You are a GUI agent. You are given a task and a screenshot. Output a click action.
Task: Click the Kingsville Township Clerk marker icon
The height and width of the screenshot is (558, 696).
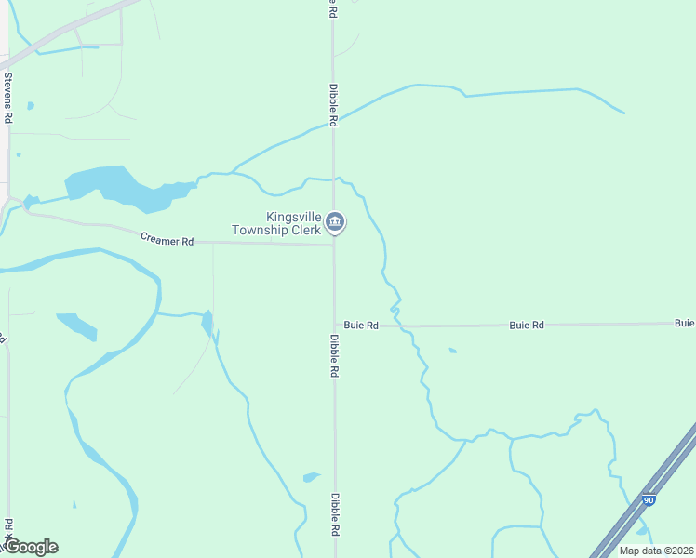336,222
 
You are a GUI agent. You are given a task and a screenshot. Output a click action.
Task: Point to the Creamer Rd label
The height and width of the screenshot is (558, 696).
167,239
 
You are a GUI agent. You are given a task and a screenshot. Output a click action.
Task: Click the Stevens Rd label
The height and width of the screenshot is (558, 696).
8,98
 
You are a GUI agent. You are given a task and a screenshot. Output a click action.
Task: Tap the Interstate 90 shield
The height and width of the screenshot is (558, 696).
649,500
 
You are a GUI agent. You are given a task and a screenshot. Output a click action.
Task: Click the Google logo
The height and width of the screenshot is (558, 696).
31,547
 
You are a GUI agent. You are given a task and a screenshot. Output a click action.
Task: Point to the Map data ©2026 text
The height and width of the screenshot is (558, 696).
656,551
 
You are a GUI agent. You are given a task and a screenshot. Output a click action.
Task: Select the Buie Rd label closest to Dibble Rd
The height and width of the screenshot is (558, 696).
361,325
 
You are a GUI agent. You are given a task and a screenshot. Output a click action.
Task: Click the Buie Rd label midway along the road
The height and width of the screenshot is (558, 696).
526,325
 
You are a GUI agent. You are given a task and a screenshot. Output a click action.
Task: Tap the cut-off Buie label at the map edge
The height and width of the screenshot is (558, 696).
685,323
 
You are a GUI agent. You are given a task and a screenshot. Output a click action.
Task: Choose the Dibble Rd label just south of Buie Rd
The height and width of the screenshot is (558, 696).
333,356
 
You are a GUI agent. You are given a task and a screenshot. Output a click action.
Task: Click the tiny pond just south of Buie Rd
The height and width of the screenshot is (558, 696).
452,351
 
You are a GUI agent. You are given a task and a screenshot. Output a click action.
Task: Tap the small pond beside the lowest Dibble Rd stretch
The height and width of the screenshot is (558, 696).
312,478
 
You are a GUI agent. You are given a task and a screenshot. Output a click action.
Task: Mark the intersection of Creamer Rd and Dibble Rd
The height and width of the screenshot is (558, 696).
334,245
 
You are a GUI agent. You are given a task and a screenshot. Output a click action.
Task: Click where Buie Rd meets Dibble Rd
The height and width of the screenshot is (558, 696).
335,326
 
